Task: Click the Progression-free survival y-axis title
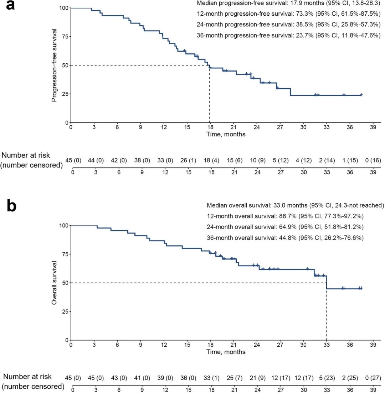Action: (54, 65)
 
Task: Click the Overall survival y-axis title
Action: (54, 282)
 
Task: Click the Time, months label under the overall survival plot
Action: (226, 352)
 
